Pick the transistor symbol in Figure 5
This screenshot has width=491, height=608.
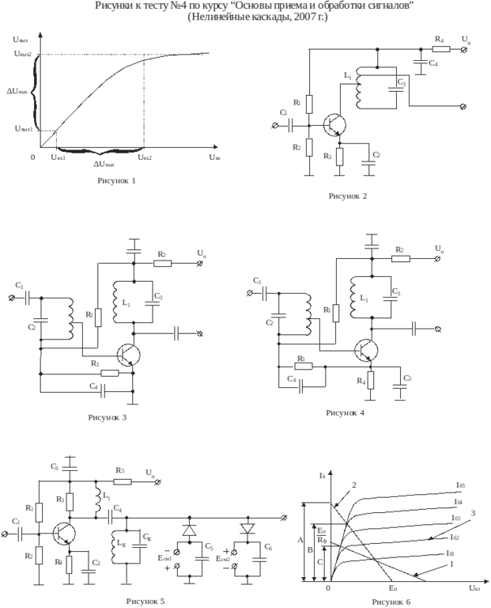click(63, 533)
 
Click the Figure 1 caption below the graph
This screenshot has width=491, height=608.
click(115, 180)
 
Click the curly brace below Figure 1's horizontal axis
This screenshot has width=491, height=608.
click(95, 153)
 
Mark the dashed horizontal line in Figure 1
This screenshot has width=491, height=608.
click(95, 54)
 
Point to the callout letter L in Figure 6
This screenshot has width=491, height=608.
click(450, 564)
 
